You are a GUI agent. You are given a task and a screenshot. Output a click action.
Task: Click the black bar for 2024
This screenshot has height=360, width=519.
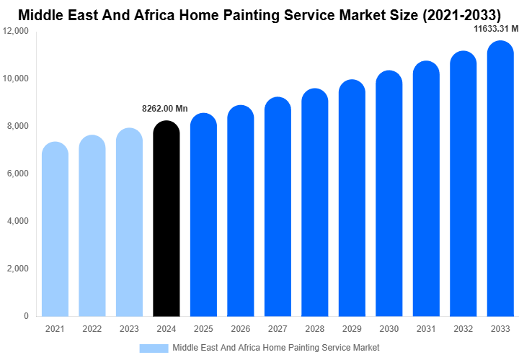point(167,220)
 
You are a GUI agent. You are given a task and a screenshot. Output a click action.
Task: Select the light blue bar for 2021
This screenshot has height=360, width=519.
point(55,230)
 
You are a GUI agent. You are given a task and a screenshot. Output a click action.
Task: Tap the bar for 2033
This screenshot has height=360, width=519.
point(500,180)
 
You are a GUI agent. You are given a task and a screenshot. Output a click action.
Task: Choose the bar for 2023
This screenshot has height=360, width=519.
point(129,223)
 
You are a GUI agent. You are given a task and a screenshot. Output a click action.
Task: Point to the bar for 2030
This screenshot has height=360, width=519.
point(389,194)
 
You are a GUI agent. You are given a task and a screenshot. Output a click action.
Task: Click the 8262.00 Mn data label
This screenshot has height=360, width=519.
point(164,109)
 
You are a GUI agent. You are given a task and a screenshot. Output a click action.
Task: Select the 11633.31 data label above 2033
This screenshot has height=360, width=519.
point(495,29)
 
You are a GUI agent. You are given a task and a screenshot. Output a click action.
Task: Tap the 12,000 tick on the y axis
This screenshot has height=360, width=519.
point(16,31)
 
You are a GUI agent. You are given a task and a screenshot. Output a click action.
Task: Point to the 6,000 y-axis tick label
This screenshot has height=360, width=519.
point(17,174)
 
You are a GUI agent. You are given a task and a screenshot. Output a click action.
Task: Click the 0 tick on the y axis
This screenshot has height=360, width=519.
point(26,316)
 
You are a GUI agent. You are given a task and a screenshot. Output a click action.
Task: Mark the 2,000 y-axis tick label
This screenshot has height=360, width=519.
point(17,269)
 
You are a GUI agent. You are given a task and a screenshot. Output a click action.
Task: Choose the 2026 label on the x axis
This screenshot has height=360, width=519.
point(241,329)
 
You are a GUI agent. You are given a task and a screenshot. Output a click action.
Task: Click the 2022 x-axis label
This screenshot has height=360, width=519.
point(92,329)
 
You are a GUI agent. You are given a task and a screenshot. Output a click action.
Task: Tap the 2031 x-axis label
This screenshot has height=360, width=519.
point(426,329)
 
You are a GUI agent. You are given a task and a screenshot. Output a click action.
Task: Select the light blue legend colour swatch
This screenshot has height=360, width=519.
point(154,348)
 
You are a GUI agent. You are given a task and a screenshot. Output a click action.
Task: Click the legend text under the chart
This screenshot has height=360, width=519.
point(275,348)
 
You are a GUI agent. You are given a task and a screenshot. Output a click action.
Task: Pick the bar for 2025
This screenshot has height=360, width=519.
point(203,216)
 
